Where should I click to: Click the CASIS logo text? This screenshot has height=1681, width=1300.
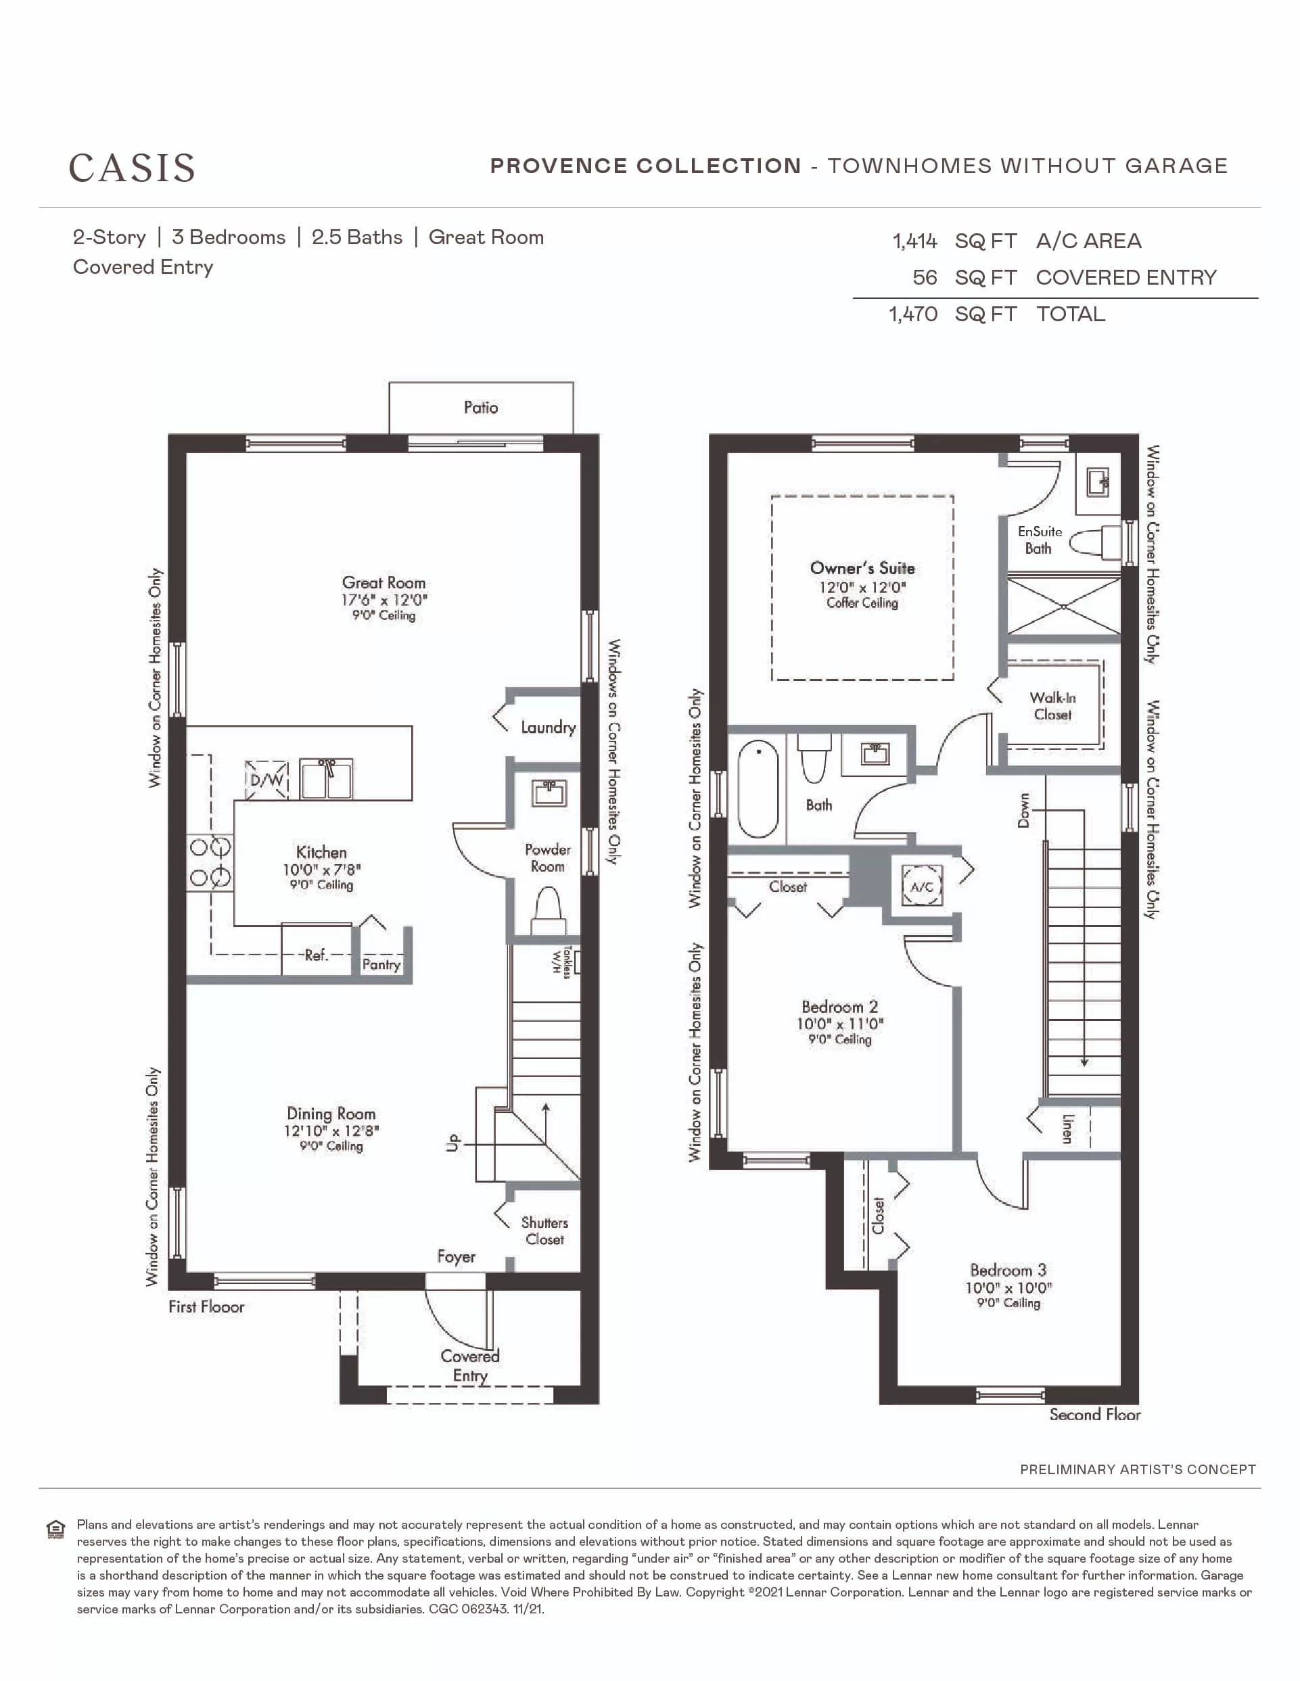(132, 168)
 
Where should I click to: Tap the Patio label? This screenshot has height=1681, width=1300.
(480, 407)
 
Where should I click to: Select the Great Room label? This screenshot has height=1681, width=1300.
(384, 583)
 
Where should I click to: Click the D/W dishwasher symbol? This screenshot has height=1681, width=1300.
(266, 779)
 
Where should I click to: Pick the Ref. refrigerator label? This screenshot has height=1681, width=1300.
(317, 955)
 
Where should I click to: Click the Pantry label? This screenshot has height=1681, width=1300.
(381, 964)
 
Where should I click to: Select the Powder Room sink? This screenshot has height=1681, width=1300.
(549, 792)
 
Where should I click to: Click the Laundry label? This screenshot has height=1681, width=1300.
(548, 728)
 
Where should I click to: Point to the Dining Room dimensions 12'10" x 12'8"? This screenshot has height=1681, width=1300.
(331, 1131)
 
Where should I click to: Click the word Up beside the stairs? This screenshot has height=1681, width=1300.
(452, 1142)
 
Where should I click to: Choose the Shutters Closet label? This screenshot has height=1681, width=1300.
(545, 1231)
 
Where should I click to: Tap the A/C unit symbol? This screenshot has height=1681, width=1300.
(922, 886)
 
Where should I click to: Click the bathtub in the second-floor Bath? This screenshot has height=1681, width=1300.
(758, 789)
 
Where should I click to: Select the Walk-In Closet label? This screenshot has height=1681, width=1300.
(1053, 706)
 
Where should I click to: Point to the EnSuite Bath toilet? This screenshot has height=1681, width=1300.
(1094, 542)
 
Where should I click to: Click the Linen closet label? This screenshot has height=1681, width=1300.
(1067, 1129)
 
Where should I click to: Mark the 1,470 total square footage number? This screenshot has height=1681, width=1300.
(913, 314)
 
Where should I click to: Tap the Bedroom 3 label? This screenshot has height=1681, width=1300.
(1008, 1270)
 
